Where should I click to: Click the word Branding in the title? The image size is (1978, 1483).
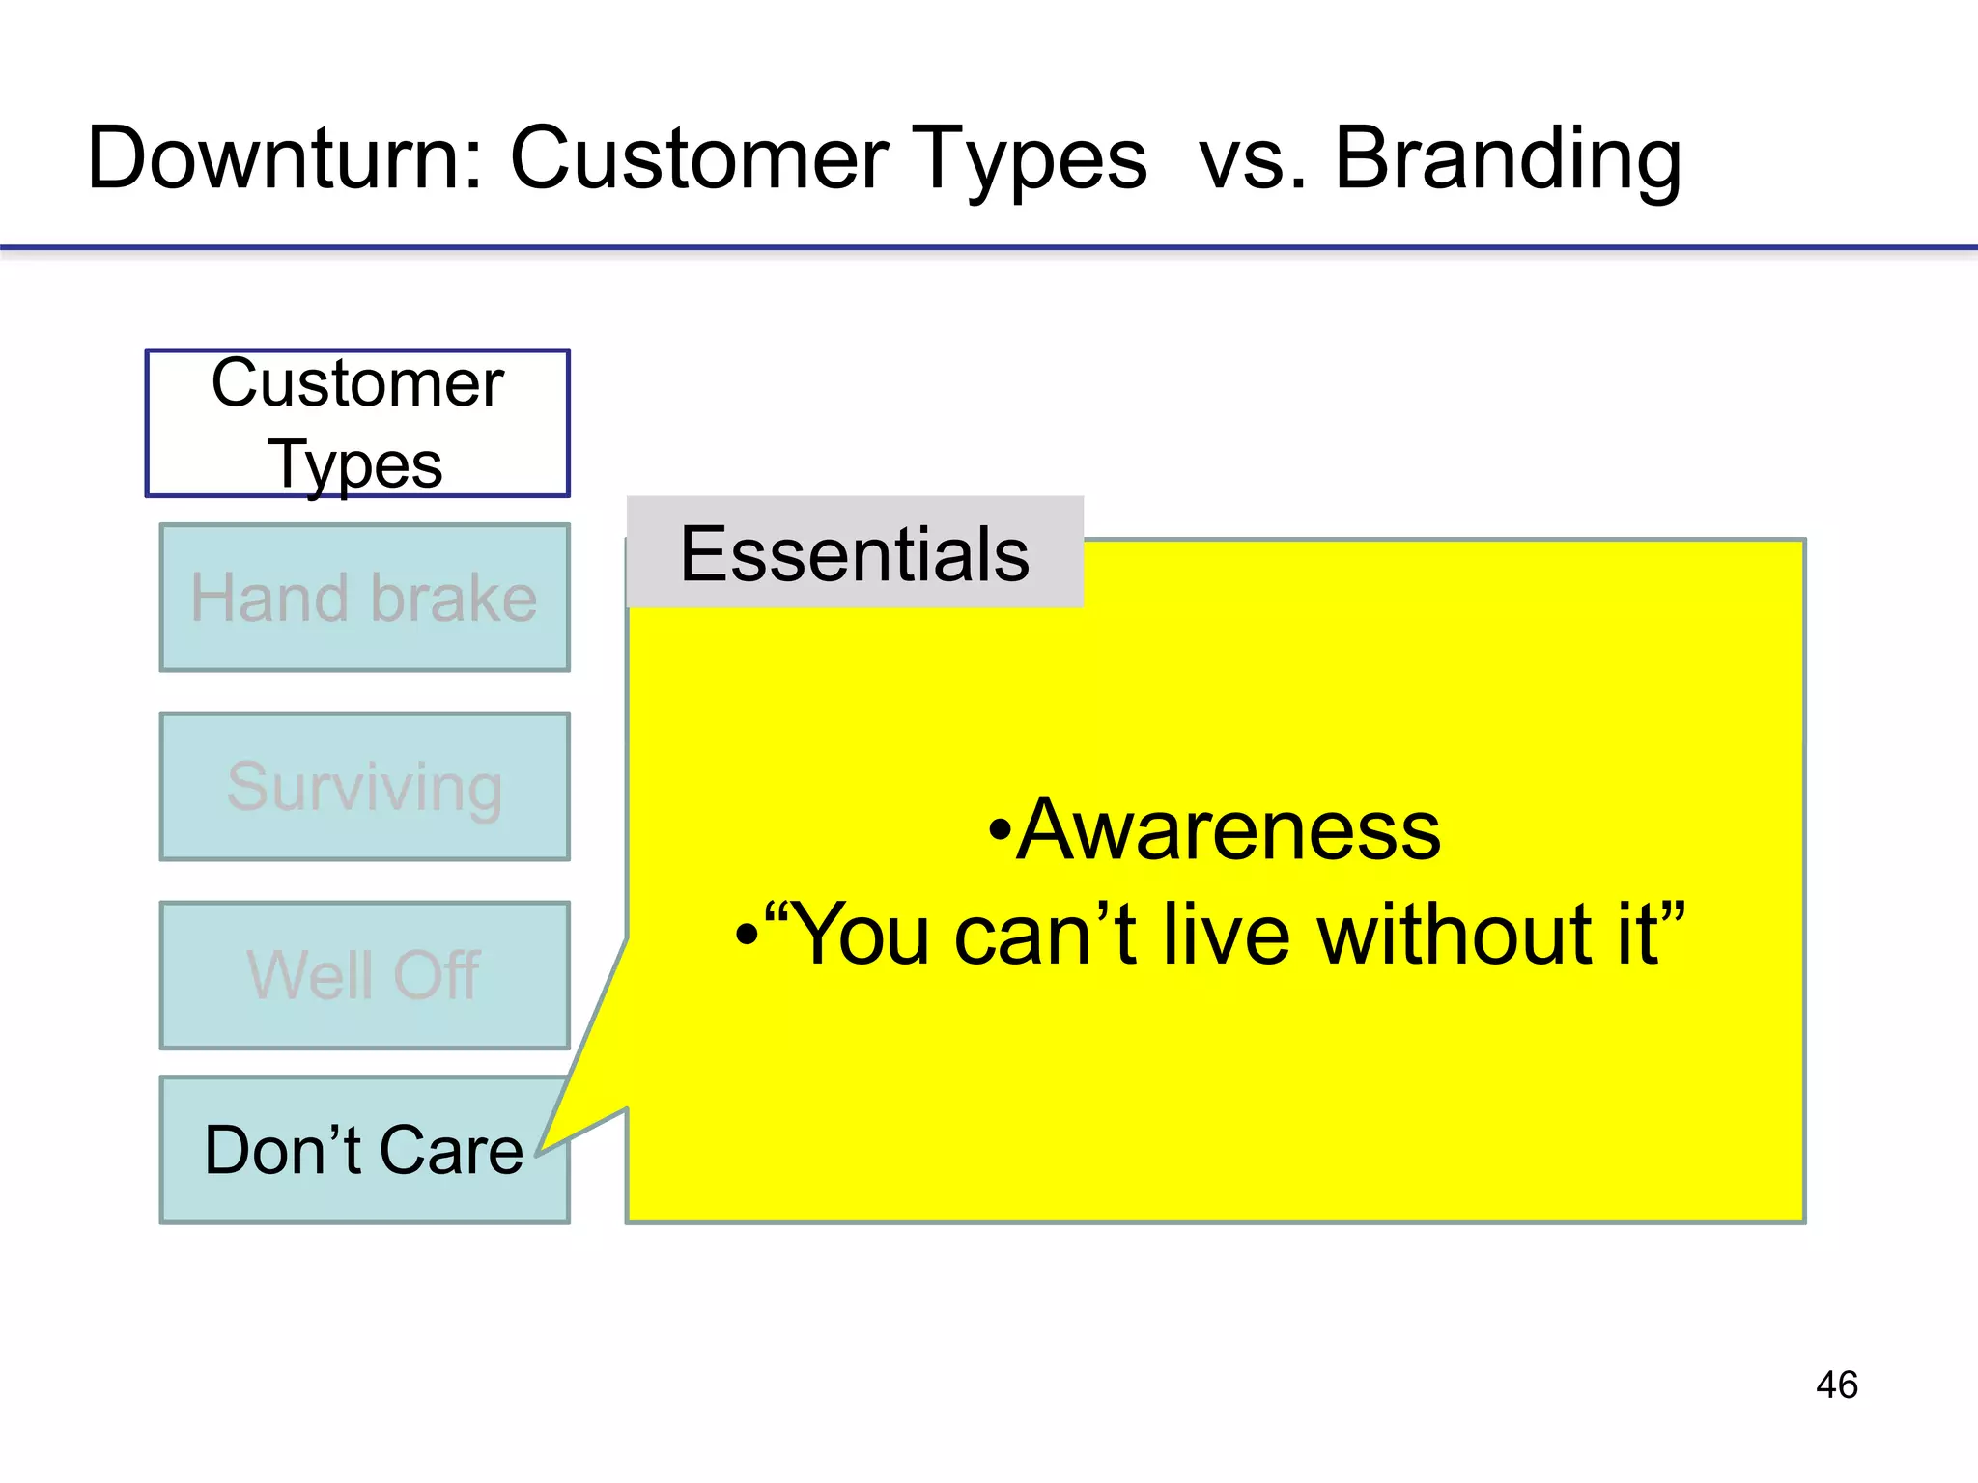point(1508,159)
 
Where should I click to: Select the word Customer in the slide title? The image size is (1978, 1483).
point(699,159)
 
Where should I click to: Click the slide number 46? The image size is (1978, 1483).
point(1836,1385)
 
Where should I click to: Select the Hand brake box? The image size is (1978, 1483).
point(364,598)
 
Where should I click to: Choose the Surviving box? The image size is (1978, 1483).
point(364,787)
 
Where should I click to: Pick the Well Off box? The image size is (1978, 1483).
point(364,975)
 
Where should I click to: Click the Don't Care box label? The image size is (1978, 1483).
point(363,1151)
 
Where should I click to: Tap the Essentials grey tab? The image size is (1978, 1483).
point(855,553)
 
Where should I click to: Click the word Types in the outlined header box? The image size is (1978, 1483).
point(355,465)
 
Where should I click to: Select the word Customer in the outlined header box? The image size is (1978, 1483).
point(357,383)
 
